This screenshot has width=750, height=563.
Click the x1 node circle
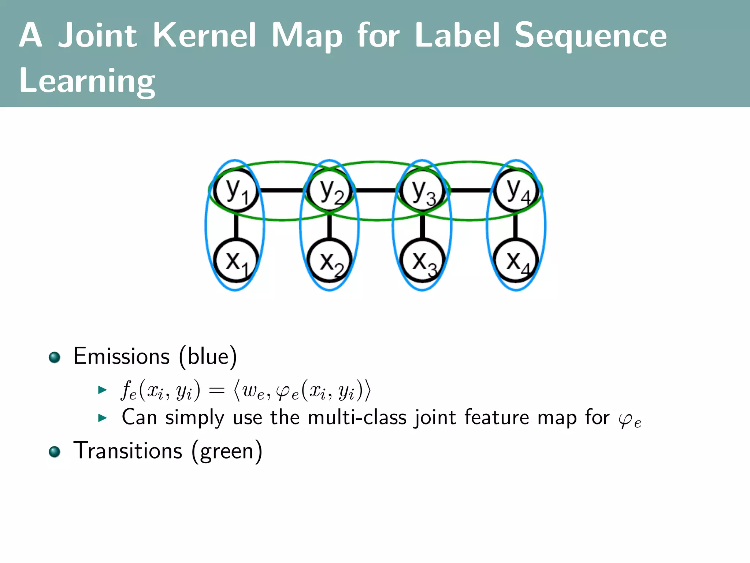click(236, 261)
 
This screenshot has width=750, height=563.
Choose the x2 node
click(330, 261)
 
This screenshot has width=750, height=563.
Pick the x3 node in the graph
click(423, 261)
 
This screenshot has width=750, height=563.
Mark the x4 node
click(516, 261)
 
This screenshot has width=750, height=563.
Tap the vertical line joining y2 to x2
click(330, 226)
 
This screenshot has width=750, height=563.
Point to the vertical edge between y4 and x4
click(516, 226)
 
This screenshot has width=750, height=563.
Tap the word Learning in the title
click(87, 81)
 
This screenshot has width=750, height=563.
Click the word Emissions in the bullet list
click(122, 356)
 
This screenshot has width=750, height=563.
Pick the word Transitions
click(128, 451)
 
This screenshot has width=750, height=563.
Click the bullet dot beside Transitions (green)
click(55, 452)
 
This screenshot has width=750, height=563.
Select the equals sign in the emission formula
click(216, 391)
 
